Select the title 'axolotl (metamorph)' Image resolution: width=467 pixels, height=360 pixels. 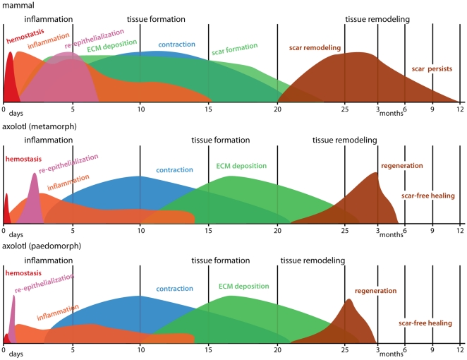(x=40, y=126)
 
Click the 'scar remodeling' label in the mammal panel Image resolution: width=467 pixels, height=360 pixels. (x=315, y=48)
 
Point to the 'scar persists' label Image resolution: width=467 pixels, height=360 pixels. (x=432, y=69)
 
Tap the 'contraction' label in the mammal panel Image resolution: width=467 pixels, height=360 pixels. (x=176, y=44)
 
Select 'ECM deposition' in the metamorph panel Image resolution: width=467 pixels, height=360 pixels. (x=241, y=166)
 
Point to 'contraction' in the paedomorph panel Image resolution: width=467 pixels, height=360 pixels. (x=174, y=289)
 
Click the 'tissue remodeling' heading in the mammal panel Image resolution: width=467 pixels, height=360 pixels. (x=377, y=19)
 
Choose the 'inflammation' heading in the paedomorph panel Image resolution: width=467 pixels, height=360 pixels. (x=48, y=260)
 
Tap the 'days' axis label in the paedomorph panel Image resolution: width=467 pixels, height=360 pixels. (x=16, y=354)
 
